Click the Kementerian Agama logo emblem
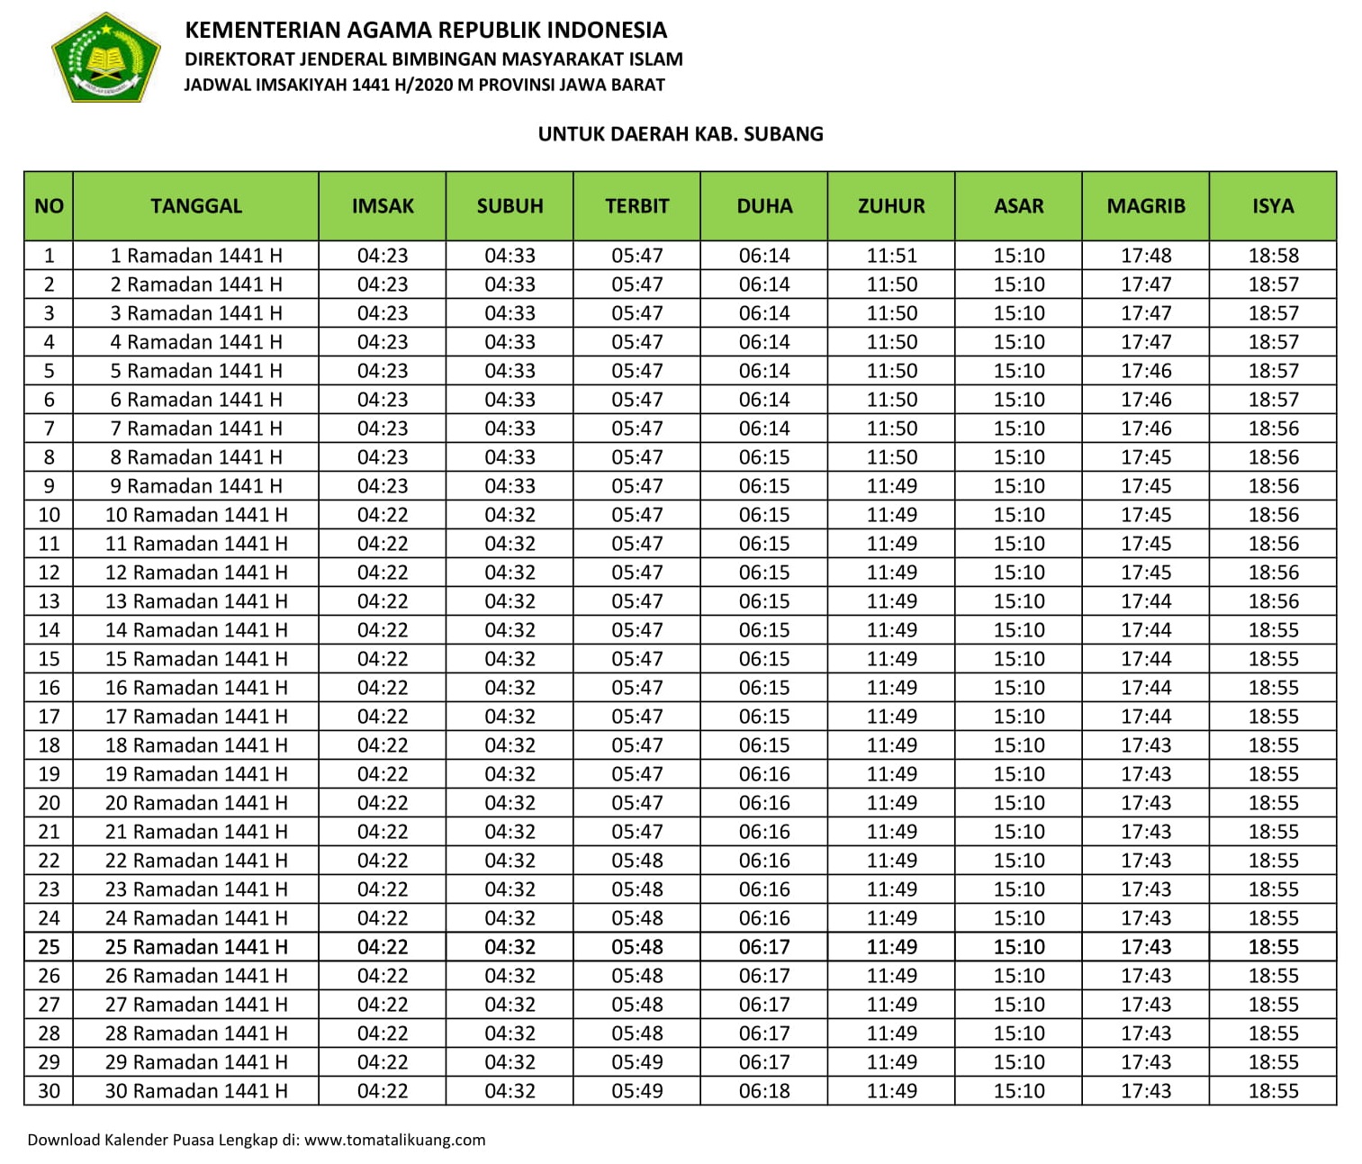click(x=105, y=57)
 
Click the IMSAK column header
click(x=383, y=206)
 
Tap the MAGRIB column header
click(x=1145, y=206)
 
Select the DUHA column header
click(x=764, y=206)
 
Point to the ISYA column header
click(x=1273, y=206)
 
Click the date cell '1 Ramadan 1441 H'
click(x=196, y=256)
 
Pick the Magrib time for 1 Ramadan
click(x=1145, y=256)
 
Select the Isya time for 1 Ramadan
click(x=1273, y=256)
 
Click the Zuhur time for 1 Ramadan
click(x=891, y=256)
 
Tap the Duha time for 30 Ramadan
click(x=764, y=1091)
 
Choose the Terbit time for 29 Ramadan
click(x=636, y=1062)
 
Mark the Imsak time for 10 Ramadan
click(x=383, y=515)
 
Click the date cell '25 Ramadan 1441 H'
click(x=196, y=947)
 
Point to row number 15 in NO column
click(x=49, y=659)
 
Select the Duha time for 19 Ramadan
click(x=764, y=774)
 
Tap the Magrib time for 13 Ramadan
click(x=1145, y=601)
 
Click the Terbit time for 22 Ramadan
click(x=636, y=861)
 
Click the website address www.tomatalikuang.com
click(x=394, y=1140)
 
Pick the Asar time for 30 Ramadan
click(x=1018, y=1091)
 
